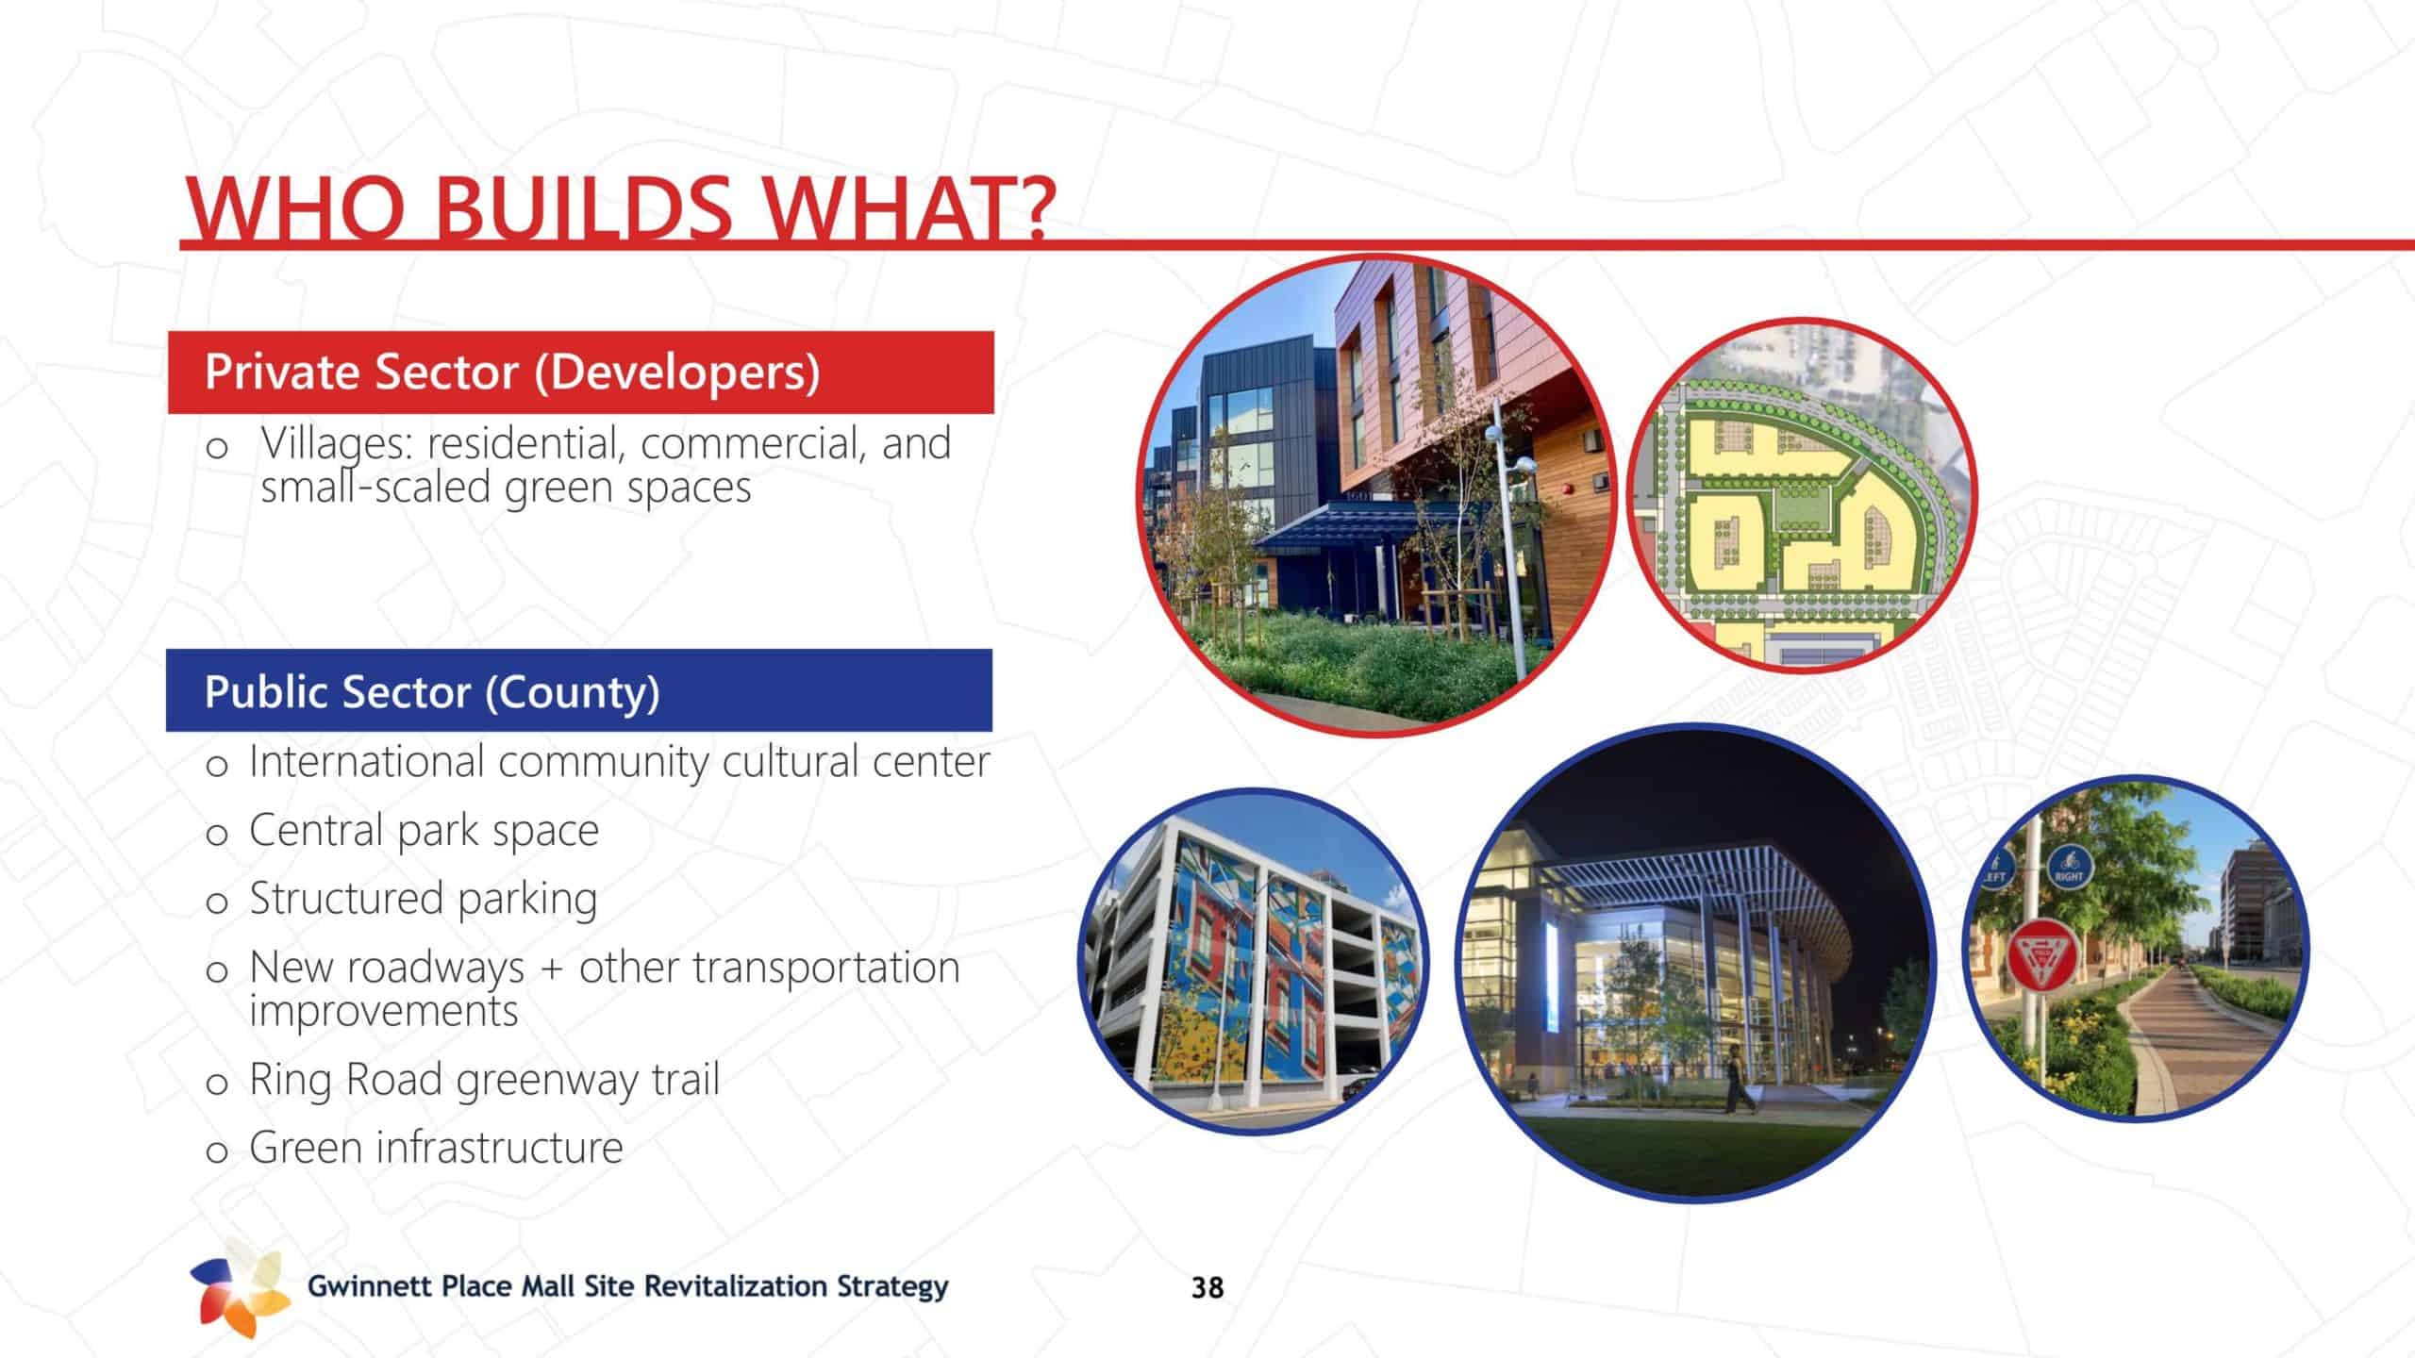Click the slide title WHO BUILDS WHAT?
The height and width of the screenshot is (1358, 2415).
(618, 208)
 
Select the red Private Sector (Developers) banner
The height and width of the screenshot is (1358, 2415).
(580, 372)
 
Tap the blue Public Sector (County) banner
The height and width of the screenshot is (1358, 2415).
(579, 690)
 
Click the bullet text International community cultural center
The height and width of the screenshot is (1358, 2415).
(619, 762)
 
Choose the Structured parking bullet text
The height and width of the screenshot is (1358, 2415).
(424, 899)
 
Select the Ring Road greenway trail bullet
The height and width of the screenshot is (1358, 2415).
(484, 1080)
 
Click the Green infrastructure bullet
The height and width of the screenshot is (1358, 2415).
(436, 1148)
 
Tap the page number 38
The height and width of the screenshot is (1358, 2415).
(1207, 1287)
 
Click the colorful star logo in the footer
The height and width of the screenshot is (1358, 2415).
(241, 1287)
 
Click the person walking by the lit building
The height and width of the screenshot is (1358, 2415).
(1736, 1079)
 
